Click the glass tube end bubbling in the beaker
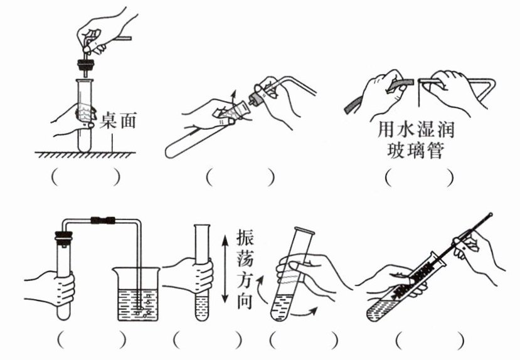(144, 306)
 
